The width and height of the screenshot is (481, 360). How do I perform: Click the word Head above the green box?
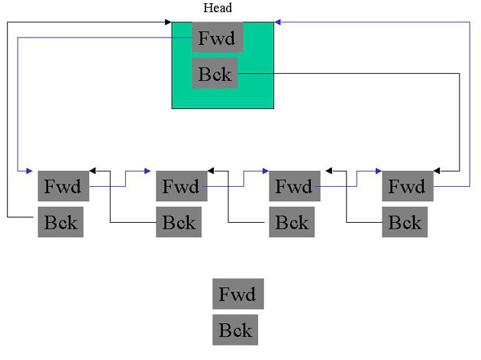218,8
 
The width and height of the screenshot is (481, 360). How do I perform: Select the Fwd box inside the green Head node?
218,37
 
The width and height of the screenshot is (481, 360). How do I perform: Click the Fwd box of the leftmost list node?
63,187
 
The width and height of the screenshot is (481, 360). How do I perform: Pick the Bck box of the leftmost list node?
59,221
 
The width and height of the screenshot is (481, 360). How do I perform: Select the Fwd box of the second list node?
180,187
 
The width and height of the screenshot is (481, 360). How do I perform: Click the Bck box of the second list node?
178,221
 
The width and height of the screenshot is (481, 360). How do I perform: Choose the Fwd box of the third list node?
293,187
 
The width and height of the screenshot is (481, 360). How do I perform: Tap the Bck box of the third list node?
291,221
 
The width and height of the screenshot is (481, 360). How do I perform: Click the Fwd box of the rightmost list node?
406,187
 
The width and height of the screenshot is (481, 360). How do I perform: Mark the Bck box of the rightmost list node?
404,221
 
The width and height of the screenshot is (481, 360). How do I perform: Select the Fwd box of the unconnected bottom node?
237,294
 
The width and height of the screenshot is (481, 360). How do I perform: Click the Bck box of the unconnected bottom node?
235,330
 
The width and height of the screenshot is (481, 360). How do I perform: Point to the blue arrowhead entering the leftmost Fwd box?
29,171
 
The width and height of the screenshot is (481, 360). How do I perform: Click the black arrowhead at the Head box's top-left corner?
168,22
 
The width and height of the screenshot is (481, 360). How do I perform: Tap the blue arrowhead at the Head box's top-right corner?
277,22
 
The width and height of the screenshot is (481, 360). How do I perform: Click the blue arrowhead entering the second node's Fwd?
148,171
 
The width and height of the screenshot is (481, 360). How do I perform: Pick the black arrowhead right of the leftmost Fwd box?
93,171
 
